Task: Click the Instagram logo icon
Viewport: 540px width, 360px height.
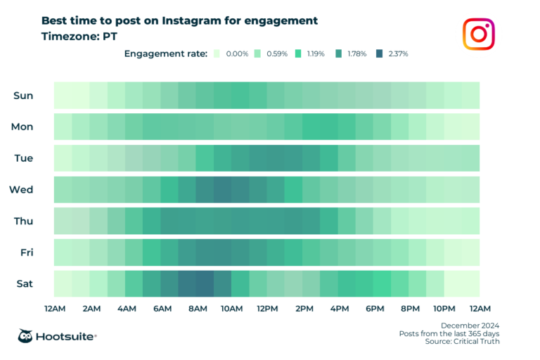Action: (478, 34)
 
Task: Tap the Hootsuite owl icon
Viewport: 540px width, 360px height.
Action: (27, 336)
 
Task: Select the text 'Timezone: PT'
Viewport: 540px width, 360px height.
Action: (82, 35)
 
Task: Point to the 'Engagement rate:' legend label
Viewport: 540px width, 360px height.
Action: (166, 53)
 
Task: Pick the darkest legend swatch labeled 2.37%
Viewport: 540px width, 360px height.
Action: (380, 53)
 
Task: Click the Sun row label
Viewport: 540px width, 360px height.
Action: (23, 95)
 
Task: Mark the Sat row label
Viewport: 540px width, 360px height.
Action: (24, 283)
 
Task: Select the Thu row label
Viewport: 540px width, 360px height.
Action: (22, 221)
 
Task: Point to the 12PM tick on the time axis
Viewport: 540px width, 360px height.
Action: (267, 308)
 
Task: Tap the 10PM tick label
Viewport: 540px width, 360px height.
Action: (444, 308)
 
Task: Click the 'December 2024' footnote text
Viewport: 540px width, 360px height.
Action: (470, 325)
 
